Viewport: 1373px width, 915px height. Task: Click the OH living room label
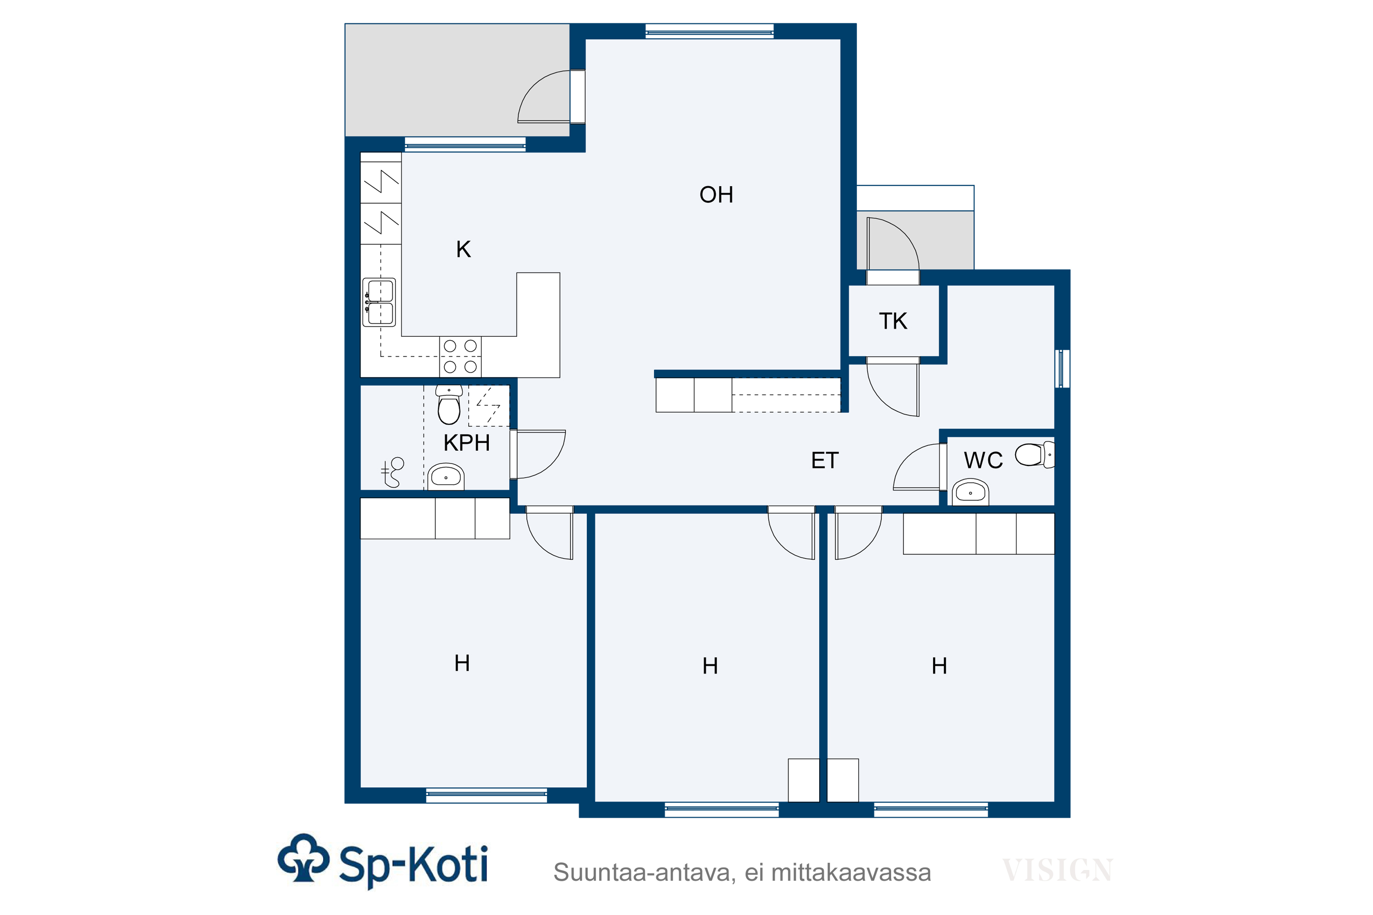pyautogui.click(x=716, y=195)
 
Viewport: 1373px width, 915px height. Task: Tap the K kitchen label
pyautogui.click(x=464, y=249)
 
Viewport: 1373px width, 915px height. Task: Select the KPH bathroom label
pyautogui.click(x=466, y=443)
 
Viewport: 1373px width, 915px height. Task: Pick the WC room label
pyautogui.click(x=983, y=460)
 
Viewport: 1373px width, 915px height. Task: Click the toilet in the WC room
pyautogui.click(x=1035, y=455)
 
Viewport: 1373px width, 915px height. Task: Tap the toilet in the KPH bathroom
pyautogui.click(x=449, y=404)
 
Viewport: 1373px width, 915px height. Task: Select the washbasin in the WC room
pyautogui.click(x=970, y=492)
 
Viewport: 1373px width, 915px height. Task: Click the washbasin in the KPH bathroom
pyautogui.click(x=446, y=477)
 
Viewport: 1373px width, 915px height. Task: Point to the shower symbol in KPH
pyautogui.click(x=393, y=472)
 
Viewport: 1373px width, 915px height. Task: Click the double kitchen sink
pyautogui.click(x=379, y=302)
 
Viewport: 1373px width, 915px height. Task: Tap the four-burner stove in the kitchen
pyautogui.click(x=460, y=356)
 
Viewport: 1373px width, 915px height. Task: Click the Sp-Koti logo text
pyautogui.click(x=413, y=864)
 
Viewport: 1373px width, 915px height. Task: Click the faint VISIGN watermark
pyautogui.click(x=1057, y=871)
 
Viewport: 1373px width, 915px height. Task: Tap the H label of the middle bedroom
pyautogui.click(x=710, y=666)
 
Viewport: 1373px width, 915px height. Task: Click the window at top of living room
pyautogui.click(x=709, y=31)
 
